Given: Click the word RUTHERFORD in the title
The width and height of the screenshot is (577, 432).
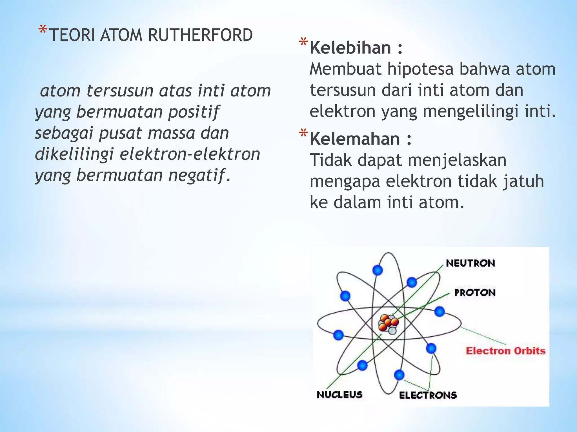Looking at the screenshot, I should tap(200, 35).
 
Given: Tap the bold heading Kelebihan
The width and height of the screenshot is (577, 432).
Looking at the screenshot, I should tap(350, 48).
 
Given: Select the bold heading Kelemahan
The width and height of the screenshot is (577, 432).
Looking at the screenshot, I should tap(355, 139).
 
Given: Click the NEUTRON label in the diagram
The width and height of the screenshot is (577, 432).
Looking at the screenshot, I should tap(470, 263).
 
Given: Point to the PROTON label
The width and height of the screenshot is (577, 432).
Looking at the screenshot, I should tap(475, 293).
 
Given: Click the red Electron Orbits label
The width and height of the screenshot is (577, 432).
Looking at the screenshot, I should tap(505, 351).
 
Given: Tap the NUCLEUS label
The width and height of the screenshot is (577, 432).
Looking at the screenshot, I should tap(339, 395).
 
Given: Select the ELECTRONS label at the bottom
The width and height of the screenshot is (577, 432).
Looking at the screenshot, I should tap(428, 395).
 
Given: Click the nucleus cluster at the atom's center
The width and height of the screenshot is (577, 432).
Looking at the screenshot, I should tap(389, 324).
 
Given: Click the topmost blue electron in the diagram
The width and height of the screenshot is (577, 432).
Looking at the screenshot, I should tap(378, 270).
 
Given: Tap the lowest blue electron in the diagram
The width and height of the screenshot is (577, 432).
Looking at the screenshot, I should tap(399, 375).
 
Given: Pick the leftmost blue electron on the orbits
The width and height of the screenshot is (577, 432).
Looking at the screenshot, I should tap(338, 335).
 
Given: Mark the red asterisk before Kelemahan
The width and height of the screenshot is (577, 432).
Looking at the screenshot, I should tap(303, 133).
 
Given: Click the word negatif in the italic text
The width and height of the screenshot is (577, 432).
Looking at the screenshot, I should tap(197, 175).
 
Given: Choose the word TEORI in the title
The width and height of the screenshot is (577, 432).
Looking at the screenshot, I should tap(72, 35).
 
